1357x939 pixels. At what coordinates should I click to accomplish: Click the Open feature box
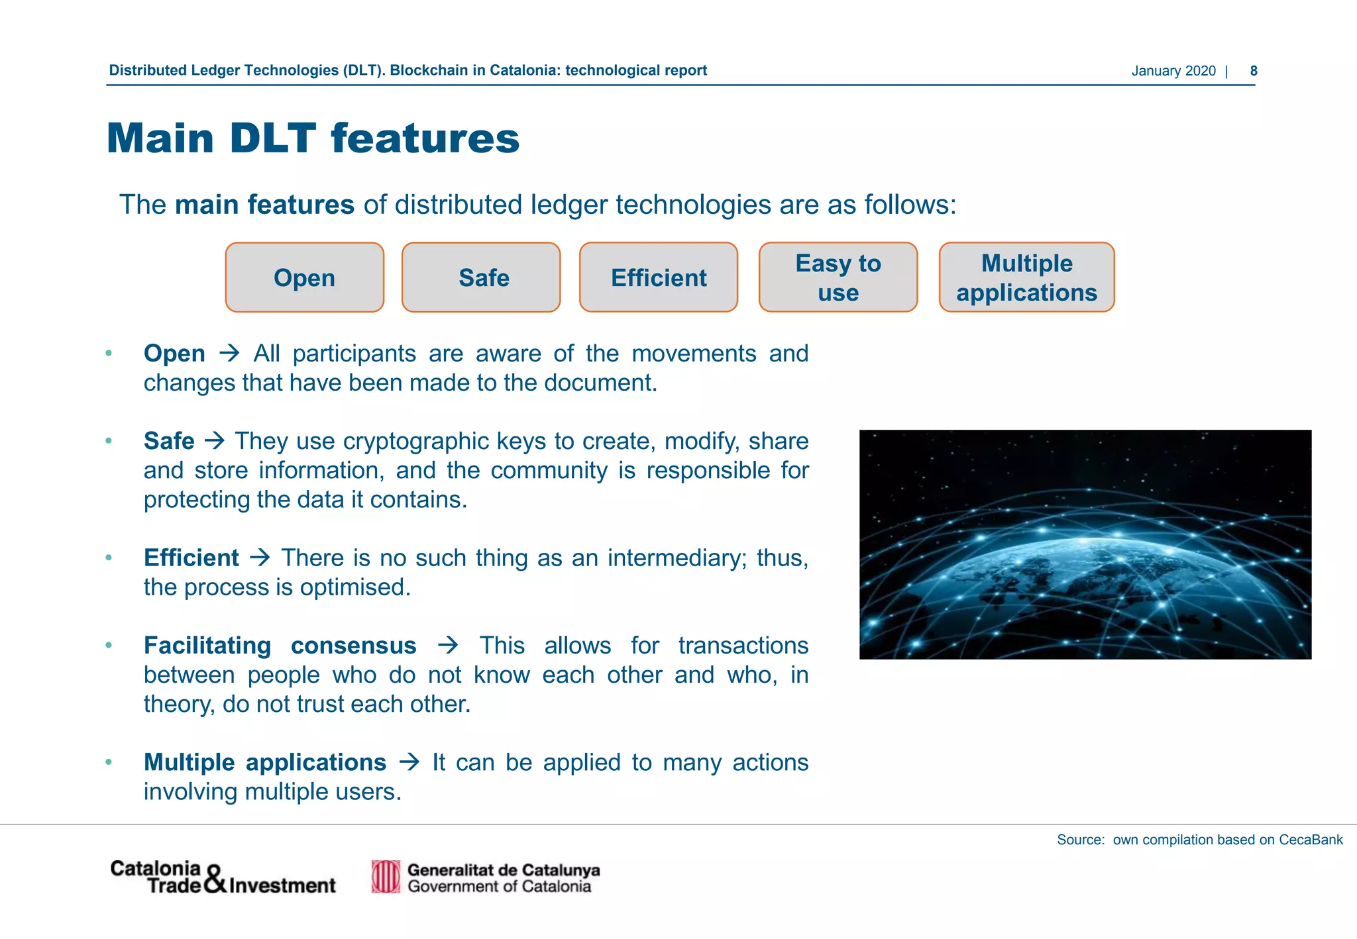pos(304,277)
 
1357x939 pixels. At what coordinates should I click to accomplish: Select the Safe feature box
pos(481,277)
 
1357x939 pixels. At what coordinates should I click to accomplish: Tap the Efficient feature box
pos(658,277)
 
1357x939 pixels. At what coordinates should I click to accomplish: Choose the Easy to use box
pos(838,277)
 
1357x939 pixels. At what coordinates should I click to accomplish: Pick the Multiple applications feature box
pos(1026,277)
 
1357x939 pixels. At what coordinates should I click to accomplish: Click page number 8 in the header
pos(1253,71)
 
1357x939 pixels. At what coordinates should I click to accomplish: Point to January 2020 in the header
pos(1173,71)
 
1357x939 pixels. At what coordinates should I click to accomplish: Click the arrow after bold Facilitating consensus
pos(448,645)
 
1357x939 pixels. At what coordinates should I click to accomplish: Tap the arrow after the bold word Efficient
pos(260,558)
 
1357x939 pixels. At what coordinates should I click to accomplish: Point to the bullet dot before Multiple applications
pos(109,762)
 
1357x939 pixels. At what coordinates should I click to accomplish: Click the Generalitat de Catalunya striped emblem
pos(386,877)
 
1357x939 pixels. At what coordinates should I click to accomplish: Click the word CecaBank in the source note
pos(1310,840)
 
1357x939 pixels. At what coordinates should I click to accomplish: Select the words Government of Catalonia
pos(499,887)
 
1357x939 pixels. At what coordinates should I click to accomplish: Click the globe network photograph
pos(1085,544)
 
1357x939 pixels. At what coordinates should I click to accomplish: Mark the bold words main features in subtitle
pos(264,205)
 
